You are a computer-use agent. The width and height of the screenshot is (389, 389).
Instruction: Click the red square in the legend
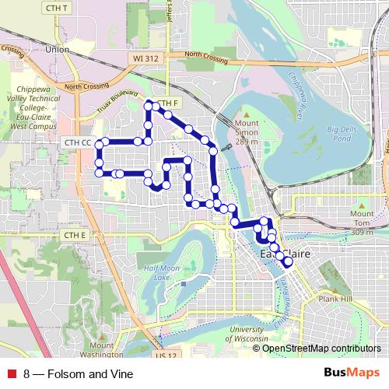[x=12, y=373]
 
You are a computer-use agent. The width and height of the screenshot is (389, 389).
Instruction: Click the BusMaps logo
[x=352, y=373]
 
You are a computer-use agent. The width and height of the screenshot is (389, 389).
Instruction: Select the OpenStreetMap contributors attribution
[x=322, y=348]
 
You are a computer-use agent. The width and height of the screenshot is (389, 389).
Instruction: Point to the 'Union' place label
[x=58, y=49]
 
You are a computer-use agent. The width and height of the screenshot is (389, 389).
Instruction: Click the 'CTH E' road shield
[x=75, y=234]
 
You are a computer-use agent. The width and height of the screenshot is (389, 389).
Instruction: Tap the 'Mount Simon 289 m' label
[x=247, y=132]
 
